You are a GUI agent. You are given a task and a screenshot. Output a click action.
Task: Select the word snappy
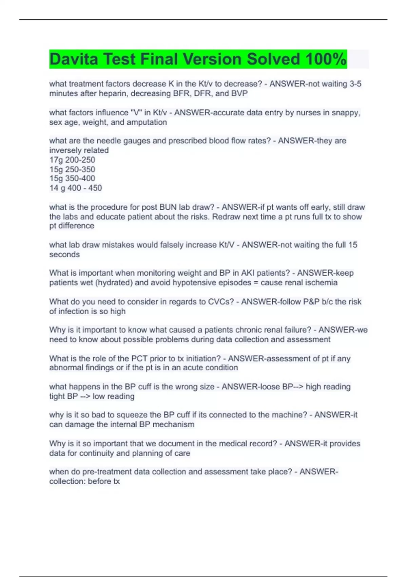tap(347, 113)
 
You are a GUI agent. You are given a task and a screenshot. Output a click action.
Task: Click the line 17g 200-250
tap(72, 160)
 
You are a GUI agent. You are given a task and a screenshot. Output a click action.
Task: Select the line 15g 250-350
tap(72, 169)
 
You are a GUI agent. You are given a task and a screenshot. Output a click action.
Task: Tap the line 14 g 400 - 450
tap(76, 188)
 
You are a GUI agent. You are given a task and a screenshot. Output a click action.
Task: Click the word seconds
tap(64, 255)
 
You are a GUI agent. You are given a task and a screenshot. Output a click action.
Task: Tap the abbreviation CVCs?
tap(220, 302)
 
